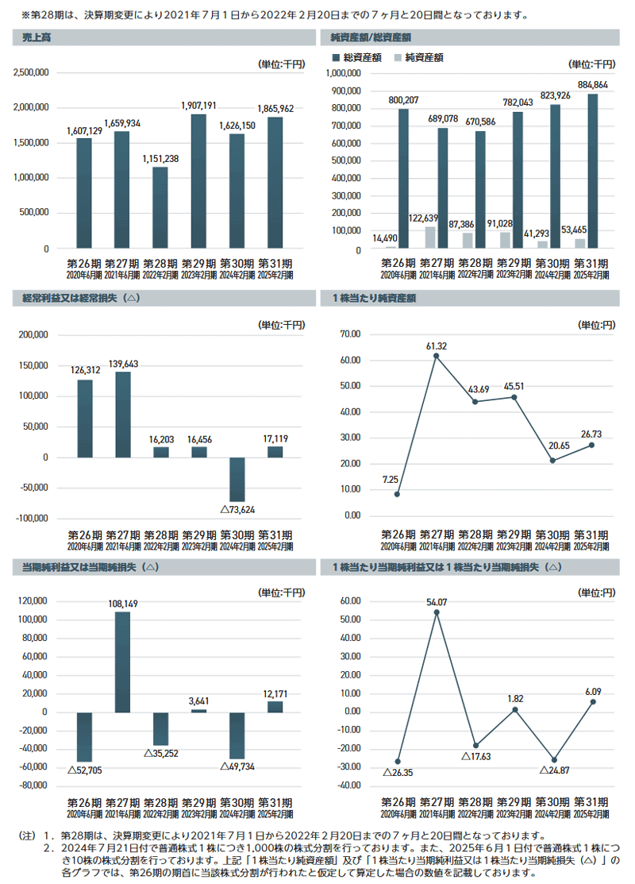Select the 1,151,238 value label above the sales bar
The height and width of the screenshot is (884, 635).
tap(160, 159)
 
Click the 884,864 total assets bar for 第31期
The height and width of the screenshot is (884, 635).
tap(593, 171)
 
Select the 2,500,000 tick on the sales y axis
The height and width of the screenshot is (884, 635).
tap(32, 72)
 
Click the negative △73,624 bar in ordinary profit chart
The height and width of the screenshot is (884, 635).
tap(237, 479)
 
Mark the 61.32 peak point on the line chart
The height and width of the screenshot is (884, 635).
tap(436, 356)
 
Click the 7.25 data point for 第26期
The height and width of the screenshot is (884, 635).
tap(397, 494)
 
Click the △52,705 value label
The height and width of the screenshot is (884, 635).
tap(84, 769)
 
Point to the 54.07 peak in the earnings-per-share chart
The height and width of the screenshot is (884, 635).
tap(436, 612)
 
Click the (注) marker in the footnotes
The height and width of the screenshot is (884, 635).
tap(27, 835)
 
